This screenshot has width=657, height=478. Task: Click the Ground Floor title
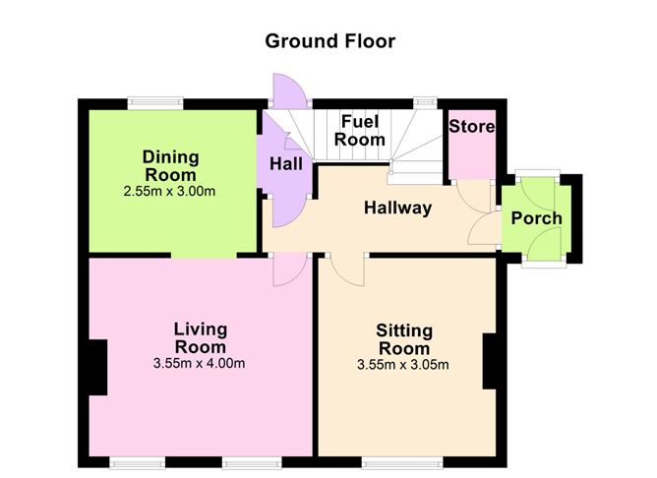coord(330,41)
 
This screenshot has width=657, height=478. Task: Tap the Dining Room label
coord(170,166)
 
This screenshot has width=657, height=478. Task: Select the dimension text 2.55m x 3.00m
coord(169,192)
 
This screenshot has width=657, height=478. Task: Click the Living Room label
coord(201,338)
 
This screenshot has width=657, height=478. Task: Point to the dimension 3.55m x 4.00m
coord(199,363)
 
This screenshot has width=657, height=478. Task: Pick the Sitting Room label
coord(404,339)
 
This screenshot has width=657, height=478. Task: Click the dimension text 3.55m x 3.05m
coord(403,365)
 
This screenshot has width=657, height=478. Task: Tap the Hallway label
coord(397,209)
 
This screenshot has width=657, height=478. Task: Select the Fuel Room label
coord(360,131)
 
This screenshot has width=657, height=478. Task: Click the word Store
coord(472,127)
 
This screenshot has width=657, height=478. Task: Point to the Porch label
coord(537,218)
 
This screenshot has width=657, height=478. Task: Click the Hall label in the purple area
coord(286,164)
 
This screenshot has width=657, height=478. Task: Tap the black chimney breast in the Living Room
coord(98,367)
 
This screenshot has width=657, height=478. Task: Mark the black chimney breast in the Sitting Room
coord(490,361)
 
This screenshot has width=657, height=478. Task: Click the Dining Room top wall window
coord(155,103)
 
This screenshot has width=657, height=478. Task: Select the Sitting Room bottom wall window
coord(402,462)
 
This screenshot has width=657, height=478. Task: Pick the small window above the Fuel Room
coord(425,102)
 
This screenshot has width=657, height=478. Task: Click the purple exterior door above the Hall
coord(289,89)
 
